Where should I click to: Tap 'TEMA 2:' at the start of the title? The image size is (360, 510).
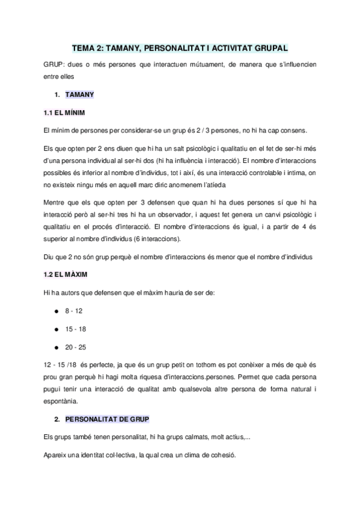(87, 46)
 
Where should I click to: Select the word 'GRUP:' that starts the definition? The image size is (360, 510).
(54, 64)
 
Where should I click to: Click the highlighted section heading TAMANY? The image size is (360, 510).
(79, 95)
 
